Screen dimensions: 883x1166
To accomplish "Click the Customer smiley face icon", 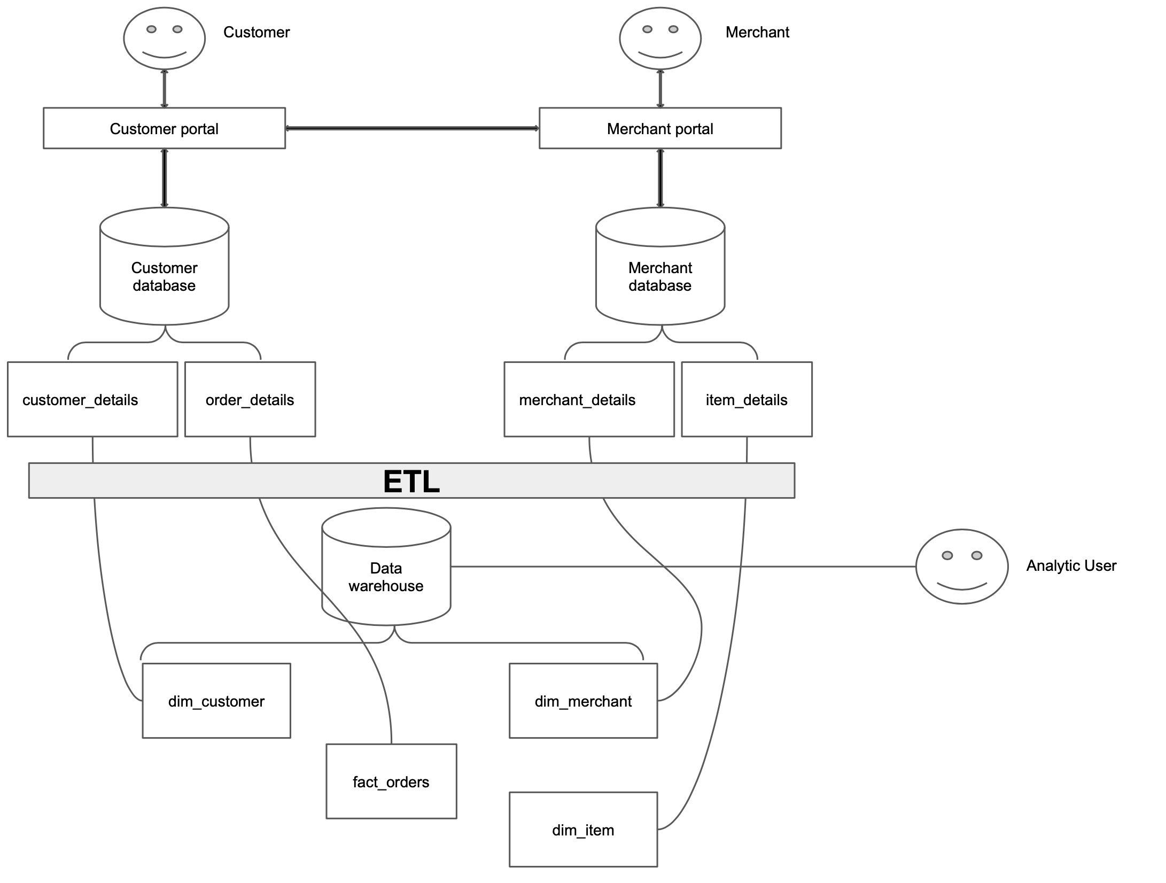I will [164, 38].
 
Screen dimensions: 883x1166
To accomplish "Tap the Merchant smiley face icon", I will [660, 38].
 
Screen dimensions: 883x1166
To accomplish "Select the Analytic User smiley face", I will [962, 567].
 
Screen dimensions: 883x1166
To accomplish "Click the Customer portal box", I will [164, 128].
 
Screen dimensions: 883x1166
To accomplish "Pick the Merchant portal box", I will [660, 128].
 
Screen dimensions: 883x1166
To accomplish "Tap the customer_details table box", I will [92, 399].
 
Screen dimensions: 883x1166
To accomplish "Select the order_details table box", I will [250, 399].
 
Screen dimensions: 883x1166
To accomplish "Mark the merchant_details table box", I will [589, 399].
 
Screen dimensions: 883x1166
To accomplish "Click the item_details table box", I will [747, 399].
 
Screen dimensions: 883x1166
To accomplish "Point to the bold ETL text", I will [411, 481].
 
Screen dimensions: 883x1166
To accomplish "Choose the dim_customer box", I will [216, 701].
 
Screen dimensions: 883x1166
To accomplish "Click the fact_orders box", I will [391, 781].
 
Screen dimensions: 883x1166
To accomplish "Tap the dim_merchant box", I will [583, 701].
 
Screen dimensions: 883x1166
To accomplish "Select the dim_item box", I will [583, 830].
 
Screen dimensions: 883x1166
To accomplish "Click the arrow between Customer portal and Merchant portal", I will [412, 128].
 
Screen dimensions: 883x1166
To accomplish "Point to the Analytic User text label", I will [1071, 566].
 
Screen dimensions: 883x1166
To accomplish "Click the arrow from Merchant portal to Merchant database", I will [660, 178].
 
